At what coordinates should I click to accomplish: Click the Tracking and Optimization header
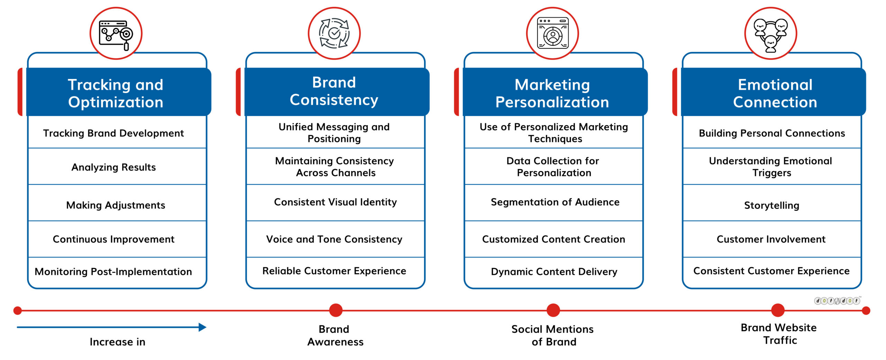(116, 93)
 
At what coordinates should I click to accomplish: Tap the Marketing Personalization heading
(552, 93)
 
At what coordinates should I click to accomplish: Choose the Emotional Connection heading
(775, 93)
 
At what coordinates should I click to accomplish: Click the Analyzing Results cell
(114, 167)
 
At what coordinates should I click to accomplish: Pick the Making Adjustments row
(116, 205)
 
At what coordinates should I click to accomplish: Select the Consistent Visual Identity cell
(335, 202)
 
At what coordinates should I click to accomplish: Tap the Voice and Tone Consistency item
(334, 239)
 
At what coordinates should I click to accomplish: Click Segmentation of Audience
(555, 202)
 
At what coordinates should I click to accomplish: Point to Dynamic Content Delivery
(554, 272)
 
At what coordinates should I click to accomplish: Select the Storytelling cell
(772, 205)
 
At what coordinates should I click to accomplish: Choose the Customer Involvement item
(771, 239)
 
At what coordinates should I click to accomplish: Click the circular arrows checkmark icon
(334, 33)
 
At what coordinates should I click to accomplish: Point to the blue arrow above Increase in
(111, 327)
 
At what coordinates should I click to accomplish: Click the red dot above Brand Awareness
(336, 310)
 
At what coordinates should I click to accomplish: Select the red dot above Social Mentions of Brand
(553, 310)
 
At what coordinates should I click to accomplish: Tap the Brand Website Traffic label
(779, 334)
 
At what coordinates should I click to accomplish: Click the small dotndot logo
(837, 300)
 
